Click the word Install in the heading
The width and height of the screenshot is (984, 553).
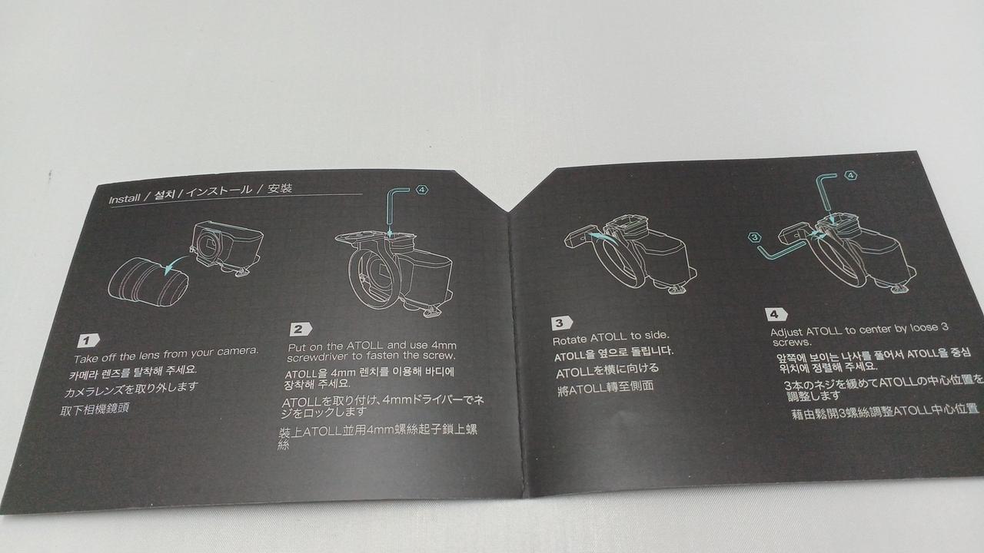125,199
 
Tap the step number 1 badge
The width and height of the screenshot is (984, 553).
88,340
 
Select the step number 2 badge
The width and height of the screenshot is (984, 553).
301,329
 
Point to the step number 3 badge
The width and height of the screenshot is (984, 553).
562,323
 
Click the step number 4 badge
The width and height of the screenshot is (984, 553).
776,314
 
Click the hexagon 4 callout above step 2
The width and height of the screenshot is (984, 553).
422,190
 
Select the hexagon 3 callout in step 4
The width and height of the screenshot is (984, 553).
755,237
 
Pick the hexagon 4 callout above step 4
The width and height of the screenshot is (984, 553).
851,175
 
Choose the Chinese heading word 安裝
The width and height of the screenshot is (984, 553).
280,189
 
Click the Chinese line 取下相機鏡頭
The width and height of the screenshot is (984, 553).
95,409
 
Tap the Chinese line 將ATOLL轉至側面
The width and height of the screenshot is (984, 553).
605,389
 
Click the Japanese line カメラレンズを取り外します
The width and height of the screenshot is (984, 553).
131,389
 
